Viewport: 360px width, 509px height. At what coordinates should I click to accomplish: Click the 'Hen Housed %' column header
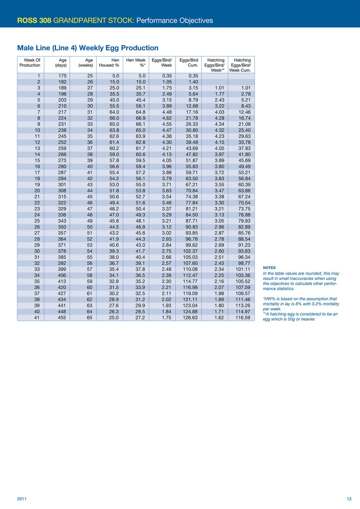coord(109,63)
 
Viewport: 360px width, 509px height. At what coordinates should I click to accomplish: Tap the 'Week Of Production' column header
coord(30,63)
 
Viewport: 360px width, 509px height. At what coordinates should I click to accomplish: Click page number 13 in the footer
coord(349,499)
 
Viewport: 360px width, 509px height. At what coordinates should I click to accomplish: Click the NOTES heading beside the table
coord(269,268)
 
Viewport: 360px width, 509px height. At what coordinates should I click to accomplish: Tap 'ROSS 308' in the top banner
coord(34,20)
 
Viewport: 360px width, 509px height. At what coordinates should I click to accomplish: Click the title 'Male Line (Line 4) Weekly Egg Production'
coord(88,48)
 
